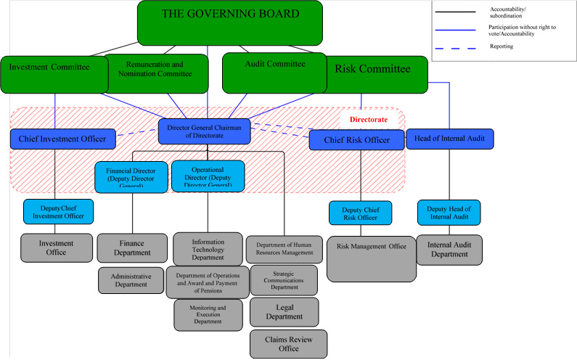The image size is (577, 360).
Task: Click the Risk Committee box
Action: click(x=373, y=73)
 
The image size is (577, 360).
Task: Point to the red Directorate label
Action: click(x=369, y=119)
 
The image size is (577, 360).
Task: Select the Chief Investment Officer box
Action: click(x=62, y=139)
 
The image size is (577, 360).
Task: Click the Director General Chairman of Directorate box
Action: click(x=205, y=131)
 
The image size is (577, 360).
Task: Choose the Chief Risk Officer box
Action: click(x=356, y=140)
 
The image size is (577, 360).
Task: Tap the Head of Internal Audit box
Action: click(x=450, y=139)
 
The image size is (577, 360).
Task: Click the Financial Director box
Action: click(x=131, y=176)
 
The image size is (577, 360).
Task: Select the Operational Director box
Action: click(x=208, y=176)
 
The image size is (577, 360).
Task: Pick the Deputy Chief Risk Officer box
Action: click(x=360, y=213)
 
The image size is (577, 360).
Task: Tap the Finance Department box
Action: click(x=132, y=247)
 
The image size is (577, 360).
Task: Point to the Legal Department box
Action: click(x=284, y=311)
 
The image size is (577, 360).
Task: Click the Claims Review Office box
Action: click(x=288, y=344)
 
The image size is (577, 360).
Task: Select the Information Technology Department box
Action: click(x=208, y=249)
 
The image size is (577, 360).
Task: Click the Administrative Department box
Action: click(x=131, y=280)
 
